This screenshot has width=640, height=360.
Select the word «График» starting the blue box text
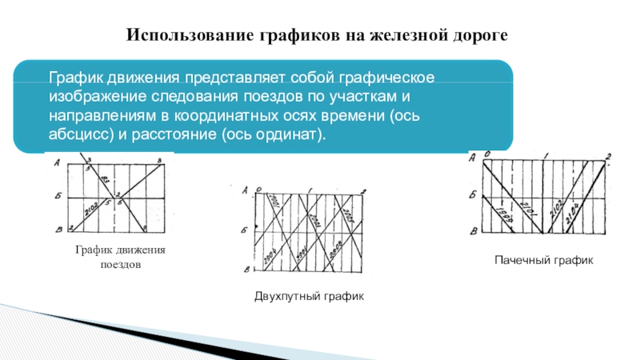(75, 80)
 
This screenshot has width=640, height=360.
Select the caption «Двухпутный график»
(309, 296)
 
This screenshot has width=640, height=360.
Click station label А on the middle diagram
(244, 190)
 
